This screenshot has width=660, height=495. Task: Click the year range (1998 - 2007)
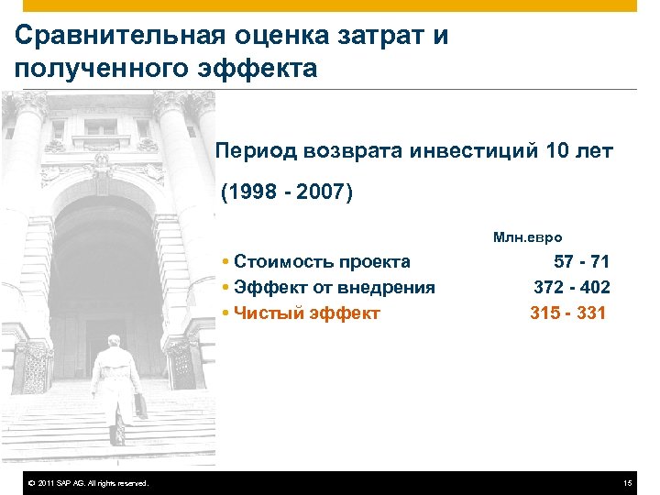coord(286,193)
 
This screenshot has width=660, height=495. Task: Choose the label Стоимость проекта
coord(322,262)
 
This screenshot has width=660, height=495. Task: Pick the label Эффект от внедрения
coord(334,288)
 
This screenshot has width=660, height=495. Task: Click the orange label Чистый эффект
coord(306,313)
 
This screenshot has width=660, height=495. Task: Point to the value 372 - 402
coord(572,288)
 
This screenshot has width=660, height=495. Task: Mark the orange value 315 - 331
coord(568,313)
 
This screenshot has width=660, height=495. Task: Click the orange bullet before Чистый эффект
coord(225,313)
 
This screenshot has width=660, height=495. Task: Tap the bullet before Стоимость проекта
coord(225,262)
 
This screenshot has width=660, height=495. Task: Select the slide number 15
coord(627,483)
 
